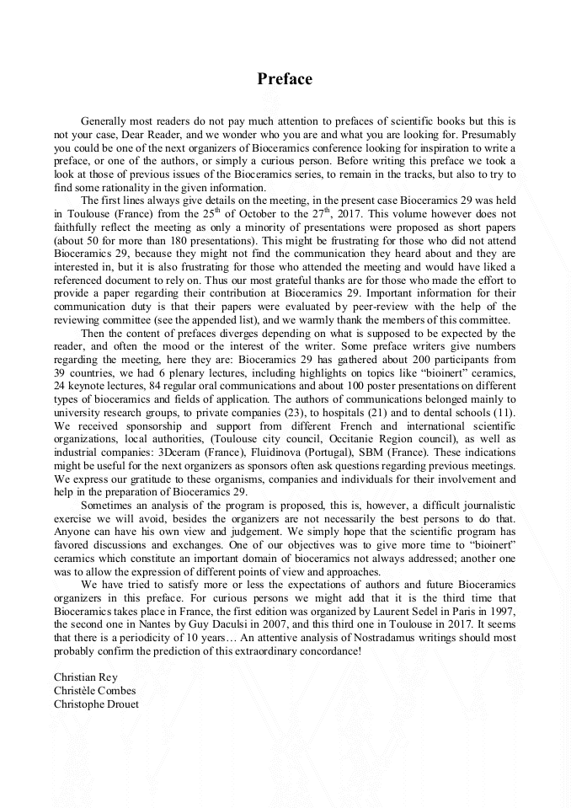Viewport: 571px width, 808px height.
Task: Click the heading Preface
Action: (x=285, y=79)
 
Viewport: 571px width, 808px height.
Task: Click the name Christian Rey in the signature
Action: (x=84, y=677)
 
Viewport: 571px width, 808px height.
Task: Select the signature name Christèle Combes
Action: (x=94, y=690)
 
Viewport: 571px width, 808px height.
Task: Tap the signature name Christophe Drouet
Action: (x=96, y=704)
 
